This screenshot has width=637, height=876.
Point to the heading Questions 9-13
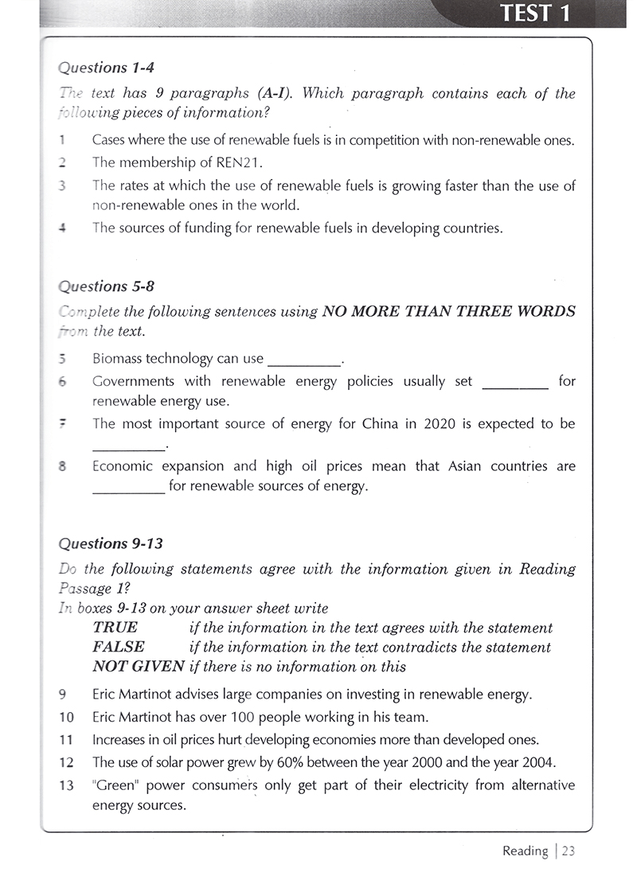point(111,543)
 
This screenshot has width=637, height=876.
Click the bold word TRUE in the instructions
point(115,628)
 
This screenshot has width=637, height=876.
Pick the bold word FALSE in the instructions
point(119,647)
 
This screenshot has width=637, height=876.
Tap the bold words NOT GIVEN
point(139,667)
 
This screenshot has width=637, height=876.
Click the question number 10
point(67,716)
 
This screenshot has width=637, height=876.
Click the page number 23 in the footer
point(568,851)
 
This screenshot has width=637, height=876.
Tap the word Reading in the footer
point(525,851)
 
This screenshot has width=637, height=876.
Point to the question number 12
point(67,762)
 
